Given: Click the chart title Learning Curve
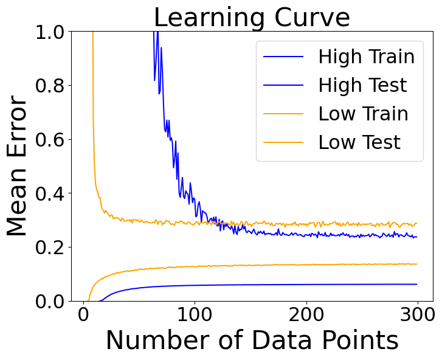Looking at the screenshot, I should (252, 17).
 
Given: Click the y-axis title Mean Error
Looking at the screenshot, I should (18, 166).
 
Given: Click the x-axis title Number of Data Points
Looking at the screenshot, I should (252, 340).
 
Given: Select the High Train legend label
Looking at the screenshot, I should (366, 57).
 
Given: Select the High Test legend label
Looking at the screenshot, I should (362, 85).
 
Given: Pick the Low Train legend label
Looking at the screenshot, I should (363, 114).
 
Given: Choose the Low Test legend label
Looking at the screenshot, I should (359, 142).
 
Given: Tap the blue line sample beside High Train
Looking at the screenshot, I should (283, 57).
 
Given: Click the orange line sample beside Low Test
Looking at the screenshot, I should (283, 143).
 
